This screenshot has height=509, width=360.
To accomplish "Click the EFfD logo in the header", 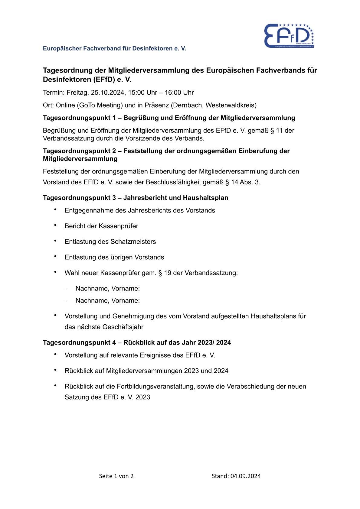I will pyautogui.click(x=289, y=36).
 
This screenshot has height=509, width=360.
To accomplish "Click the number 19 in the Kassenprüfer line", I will pyautogui.click(x=168, y=273).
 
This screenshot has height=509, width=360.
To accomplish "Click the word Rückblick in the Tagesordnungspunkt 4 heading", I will pyautogui.click(x=138, y=343).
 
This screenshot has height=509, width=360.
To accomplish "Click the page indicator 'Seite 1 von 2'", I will pyautogui.click(x=116, y=476).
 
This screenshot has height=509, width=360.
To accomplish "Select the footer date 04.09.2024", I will pyautogui.click(x=245, y=476).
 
